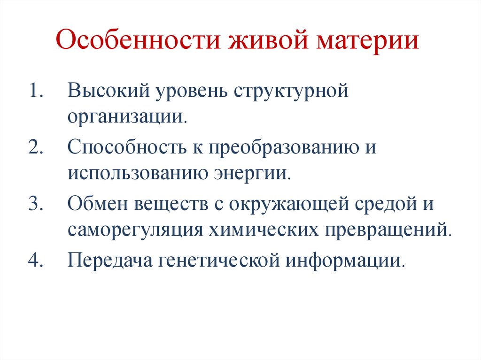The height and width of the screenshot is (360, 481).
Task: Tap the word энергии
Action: pos(256,176)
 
